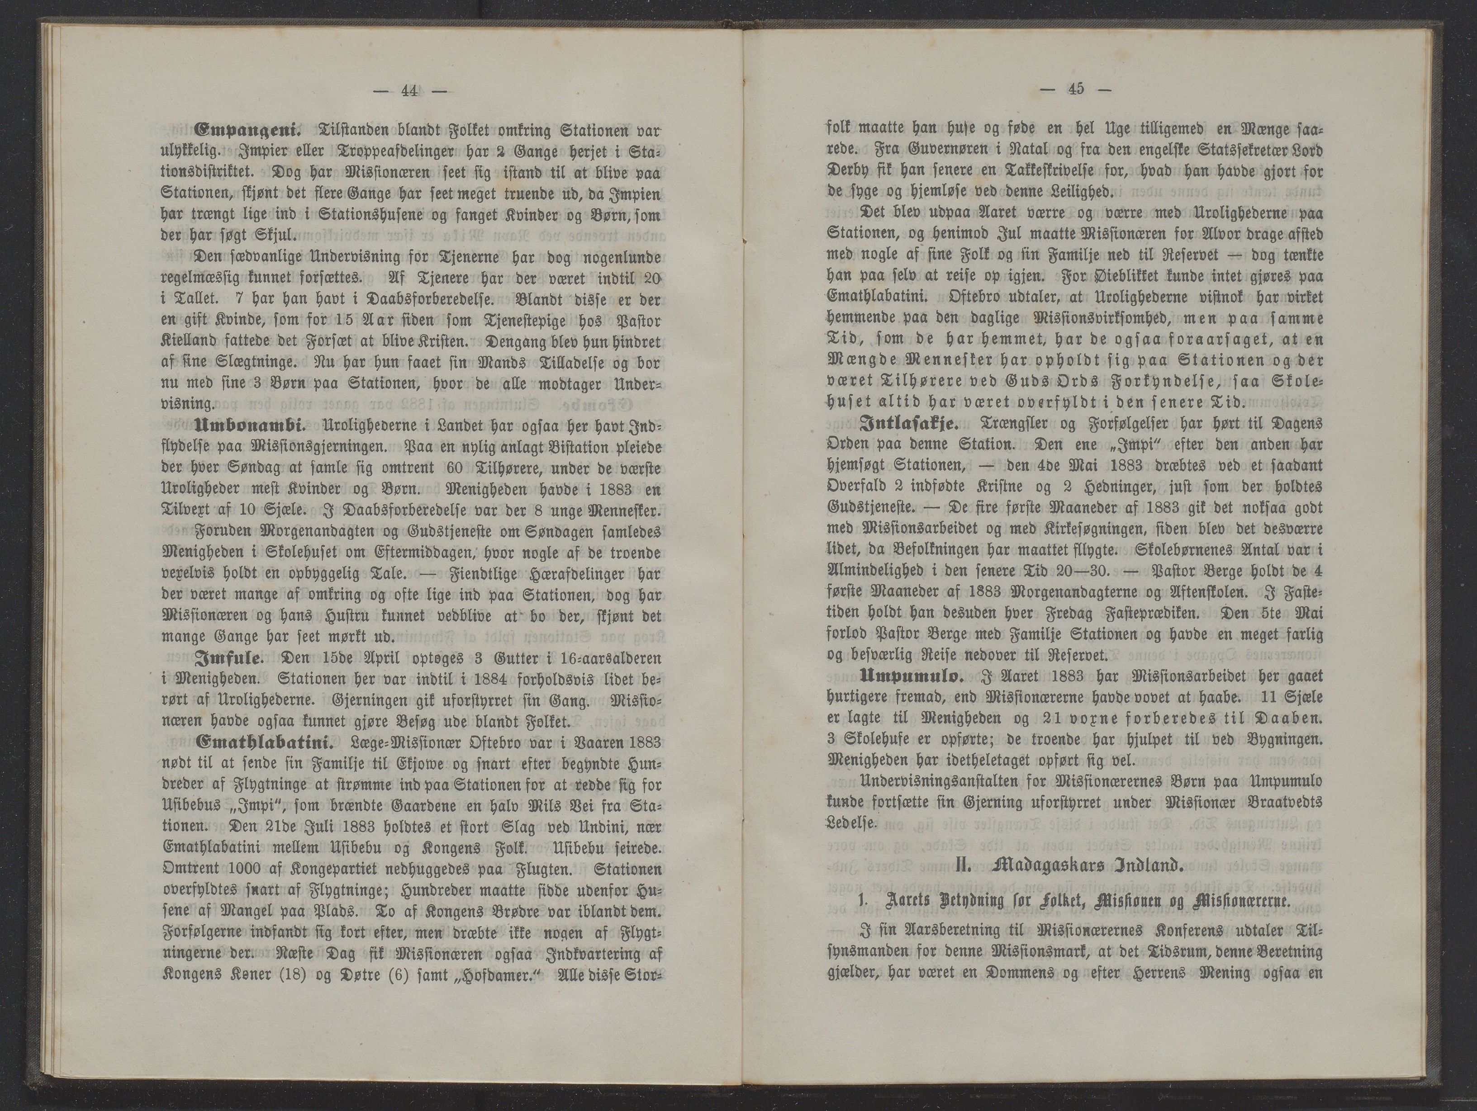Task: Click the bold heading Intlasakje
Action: tap(908, 423)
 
